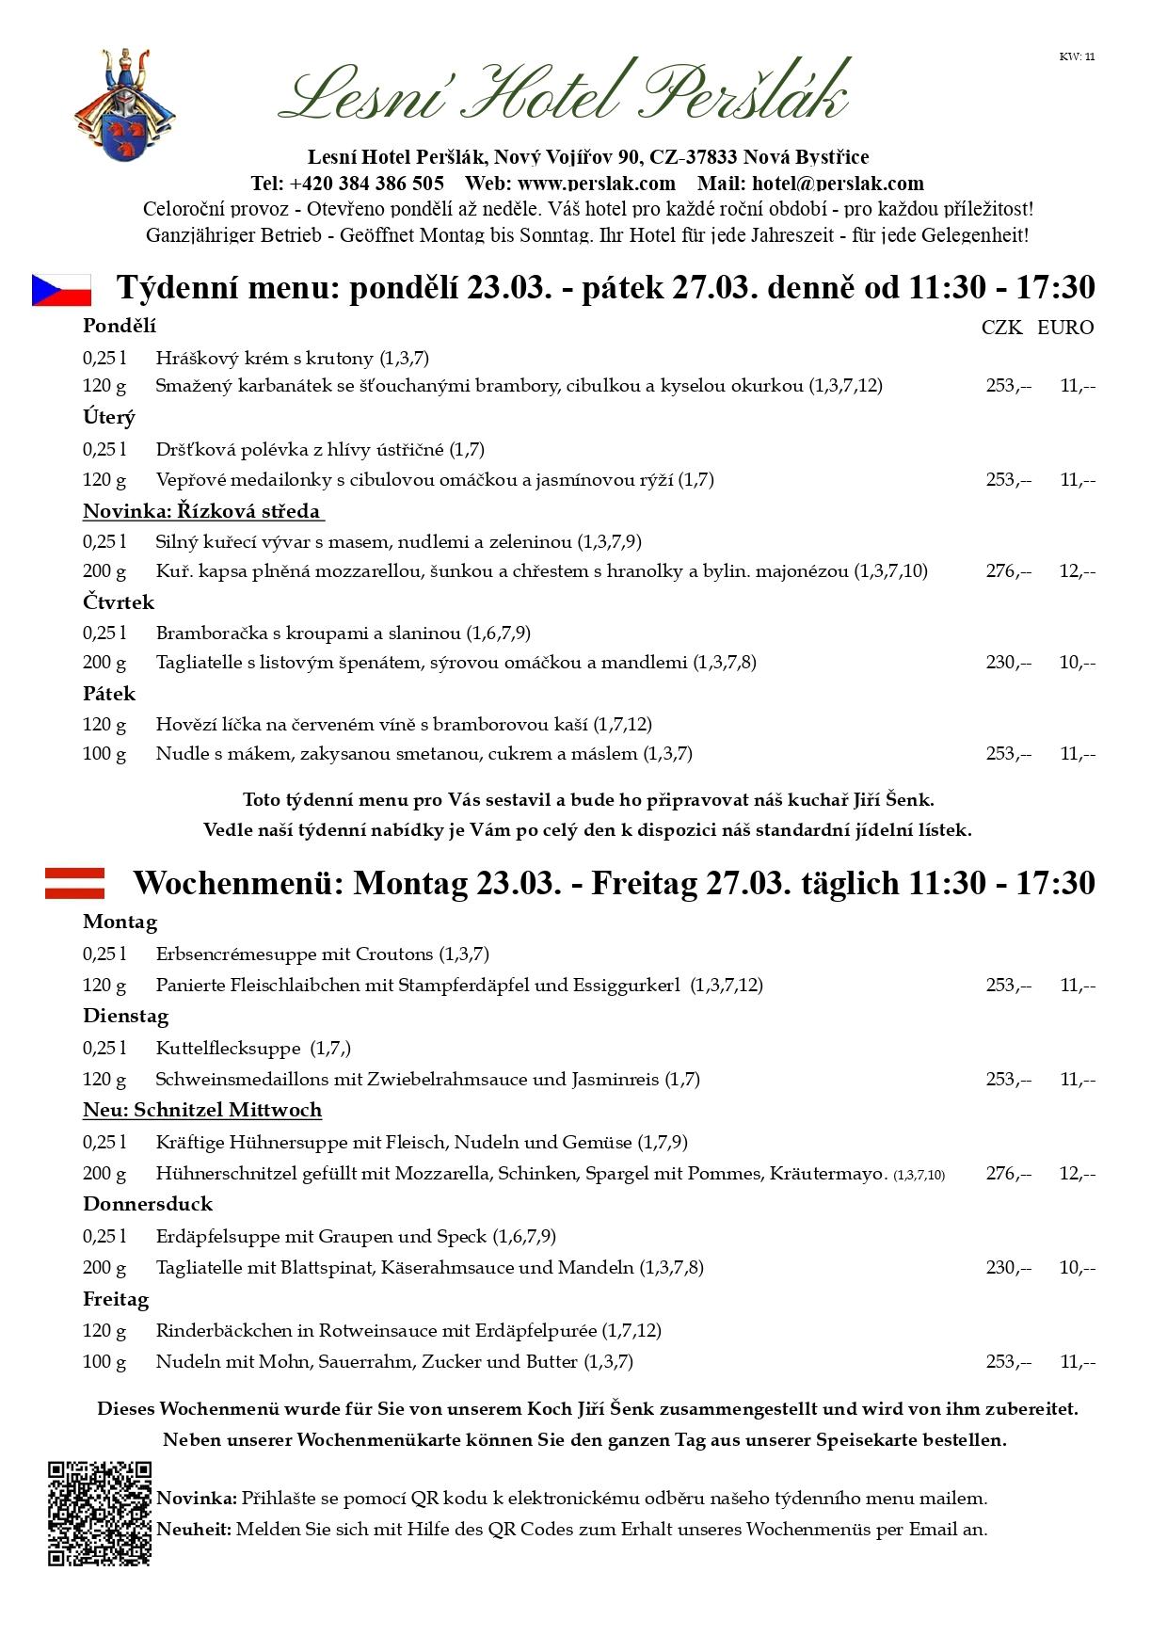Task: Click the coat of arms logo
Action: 124,105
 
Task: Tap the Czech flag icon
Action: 61,290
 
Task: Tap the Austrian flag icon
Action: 74,883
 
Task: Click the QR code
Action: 100,1514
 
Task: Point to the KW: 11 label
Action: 1077,56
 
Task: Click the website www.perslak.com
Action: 596,183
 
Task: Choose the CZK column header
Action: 1001,328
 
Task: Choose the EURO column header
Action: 1065,328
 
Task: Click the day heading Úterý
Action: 109,417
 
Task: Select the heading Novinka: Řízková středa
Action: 202,511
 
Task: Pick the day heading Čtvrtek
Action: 119,602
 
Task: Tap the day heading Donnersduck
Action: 148,1204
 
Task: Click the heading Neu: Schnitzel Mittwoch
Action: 202,1110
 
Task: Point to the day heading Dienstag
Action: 126,1017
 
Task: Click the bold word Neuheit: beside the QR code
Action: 194,1529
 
